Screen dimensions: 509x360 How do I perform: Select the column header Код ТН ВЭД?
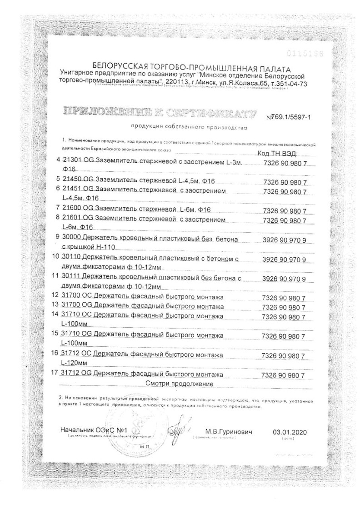click(277, 154)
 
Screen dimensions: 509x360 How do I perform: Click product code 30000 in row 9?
click(70, 239)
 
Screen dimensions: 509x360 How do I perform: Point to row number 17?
click(56, 375)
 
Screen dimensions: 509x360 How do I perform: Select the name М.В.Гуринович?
click(225, 430)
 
